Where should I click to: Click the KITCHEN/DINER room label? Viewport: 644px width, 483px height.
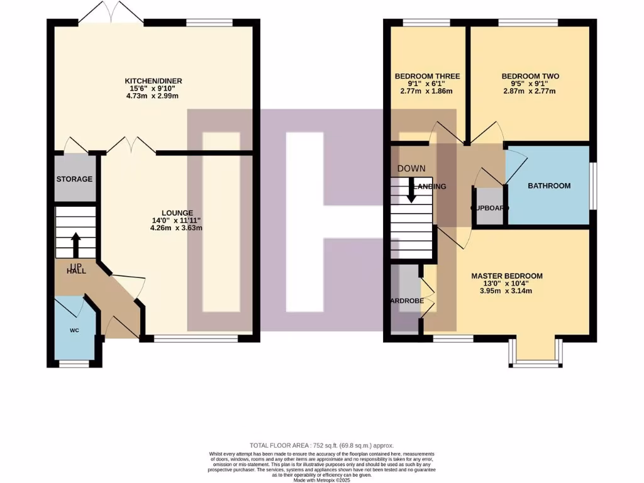click(153, 81)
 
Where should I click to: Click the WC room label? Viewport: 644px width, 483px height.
click(75, 330)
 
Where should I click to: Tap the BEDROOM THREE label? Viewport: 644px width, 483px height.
click(427, 76)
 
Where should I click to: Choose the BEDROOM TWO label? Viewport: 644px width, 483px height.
click(530, 76)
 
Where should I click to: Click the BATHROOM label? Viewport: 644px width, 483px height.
click(548, 186)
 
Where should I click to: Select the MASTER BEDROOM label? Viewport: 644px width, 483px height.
click(507, 275)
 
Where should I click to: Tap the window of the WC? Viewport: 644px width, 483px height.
click(74, 364)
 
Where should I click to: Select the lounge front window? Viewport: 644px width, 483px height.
click(196, 338)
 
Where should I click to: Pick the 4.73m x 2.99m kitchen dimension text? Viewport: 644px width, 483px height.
click(153, 96)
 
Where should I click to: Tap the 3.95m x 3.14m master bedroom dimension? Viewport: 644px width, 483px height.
click(507, 291)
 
